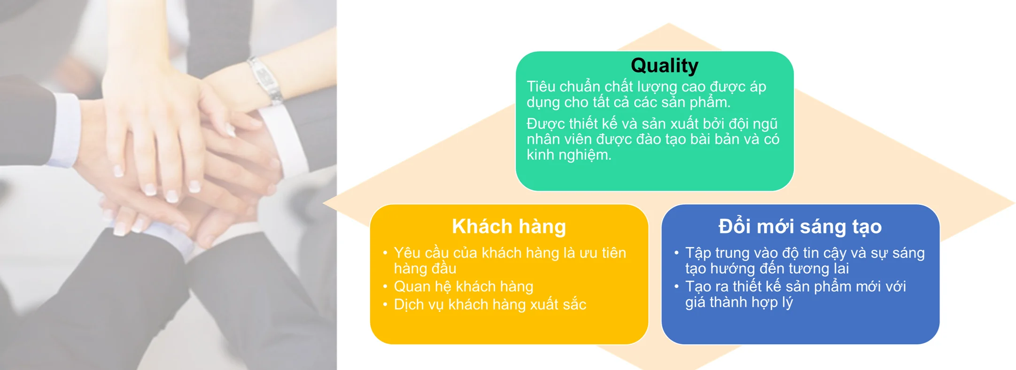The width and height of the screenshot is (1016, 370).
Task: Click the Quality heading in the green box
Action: click(x=664, y=66)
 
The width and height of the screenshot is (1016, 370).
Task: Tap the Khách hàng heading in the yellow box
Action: click(x=509, y=226)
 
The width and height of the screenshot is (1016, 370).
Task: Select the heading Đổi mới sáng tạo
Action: click(x=800, y=226)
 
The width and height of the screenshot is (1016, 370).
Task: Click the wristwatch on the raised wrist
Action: click(x=265, y=80)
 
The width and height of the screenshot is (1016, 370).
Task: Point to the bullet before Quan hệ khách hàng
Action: click(x=385, y=286)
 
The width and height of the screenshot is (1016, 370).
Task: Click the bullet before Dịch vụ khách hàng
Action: click(x=385, y=304)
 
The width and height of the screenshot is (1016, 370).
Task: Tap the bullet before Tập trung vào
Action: click(x=676, y=253)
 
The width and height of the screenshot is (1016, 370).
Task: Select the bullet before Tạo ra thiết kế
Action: click(x=676, y=286)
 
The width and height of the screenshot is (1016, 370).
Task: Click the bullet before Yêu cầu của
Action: click(x=385, y=253)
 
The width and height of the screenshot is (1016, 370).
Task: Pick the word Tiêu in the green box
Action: click(x=541, y=86)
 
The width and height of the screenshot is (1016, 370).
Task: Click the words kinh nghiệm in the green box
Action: click(x=569, y=155)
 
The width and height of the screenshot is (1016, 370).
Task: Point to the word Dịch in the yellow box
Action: click(x=409, y=305)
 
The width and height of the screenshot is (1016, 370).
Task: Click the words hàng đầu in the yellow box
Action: click(x=425, y=269)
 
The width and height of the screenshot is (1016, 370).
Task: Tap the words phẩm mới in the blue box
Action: click(x=844, y=287)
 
